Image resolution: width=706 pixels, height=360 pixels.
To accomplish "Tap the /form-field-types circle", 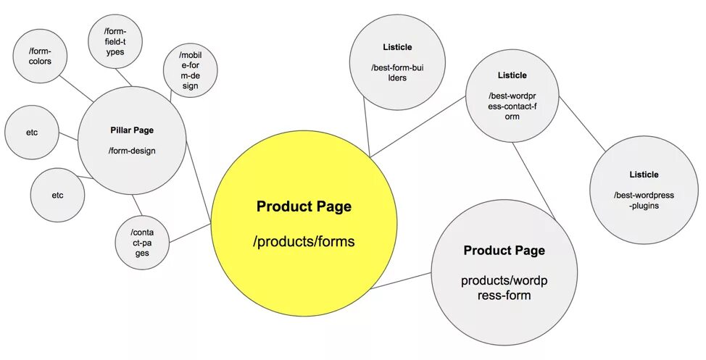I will tap(114, 41).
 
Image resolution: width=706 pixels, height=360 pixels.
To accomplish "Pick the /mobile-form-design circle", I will tap(190, 70).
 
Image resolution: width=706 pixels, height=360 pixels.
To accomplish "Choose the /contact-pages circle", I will tap(143, 243).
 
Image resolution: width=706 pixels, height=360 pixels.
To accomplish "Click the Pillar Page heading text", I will tap(132, 130).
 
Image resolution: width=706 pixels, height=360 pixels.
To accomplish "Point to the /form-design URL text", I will tap(132, 151).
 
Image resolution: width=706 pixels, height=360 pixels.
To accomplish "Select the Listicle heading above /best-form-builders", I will tap(396, 48).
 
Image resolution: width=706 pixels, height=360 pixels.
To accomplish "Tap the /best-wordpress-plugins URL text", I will tap(644, 200).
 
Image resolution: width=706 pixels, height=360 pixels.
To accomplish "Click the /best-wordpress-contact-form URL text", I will tap(512, 106).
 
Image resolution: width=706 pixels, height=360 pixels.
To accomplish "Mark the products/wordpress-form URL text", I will tap(504, 288).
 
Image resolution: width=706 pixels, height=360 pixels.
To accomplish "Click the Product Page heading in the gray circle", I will tap(504, 251).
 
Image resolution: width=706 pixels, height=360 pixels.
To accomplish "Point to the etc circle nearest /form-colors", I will tap(32, 133).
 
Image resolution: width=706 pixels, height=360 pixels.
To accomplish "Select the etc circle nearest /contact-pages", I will tap(57, 195).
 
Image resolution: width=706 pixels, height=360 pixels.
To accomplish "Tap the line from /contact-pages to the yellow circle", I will tap(190, 233).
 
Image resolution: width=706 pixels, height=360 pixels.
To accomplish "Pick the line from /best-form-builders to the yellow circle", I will tap(367, 130).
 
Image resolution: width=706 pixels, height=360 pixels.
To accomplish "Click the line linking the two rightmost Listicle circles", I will tap(582, 123).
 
